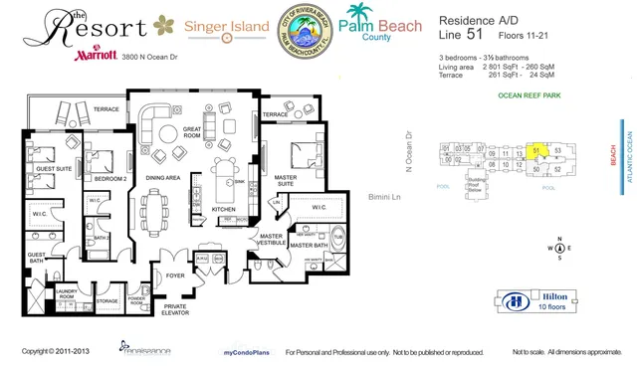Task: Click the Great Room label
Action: pyautogui.click(x=193, y=133)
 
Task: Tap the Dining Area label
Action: pyautogui.click(x=163, y=177)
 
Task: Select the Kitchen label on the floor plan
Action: pyautogui.click(x=224, y=210)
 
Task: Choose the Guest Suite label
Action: pyautogui.click(x=47, y=170)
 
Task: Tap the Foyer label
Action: pyautogui.click(x=176, y=275)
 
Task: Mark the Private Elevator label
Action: pyautogui.click(x=174, y=312)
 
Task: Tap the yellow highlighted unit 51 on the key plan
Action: pyautogui.click(x=537, y=151)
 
